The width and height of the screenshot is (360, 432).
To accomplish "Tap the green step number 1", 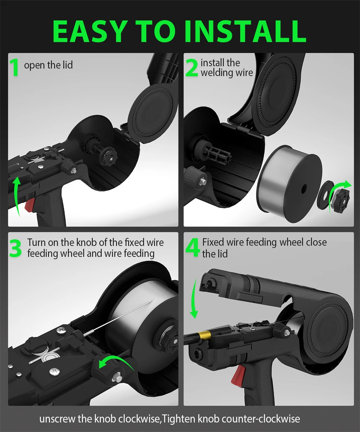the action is point(14,67).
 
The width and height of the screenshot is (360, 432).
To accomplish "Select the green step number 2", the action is point(192,68).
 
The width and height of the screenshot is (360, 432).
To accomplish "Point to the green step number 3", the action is point(15,248).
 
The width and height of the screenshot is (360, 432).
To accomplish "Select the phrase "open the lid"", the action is point(48,65).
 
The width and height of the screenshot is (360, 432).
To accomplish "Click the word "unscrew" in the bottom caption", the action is point(57,419).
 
